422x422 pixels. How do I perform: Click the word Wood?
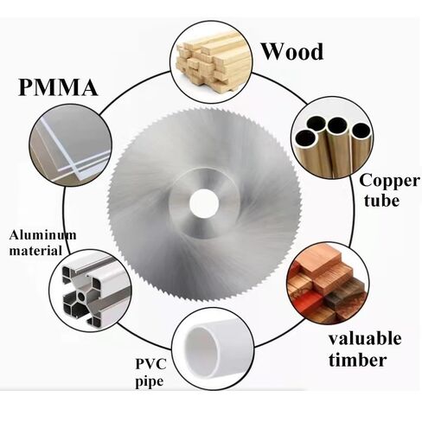click(x=292, y=52)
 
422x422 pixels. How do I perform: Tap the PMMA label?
click(x=58, y=87)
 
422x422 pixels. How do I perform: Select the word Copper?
click(x=389, y=182)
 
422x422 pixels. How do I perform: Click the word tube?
click(x=381, y=201)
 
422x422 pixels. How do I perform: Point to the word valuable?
click(x=365, y=338)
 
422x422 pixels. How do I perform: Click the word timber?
click(x=357, y=360)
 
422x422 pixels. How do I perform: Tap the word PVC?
click(x=151, y=364)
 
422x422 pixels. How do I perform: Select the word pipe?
click(x=150, y=382)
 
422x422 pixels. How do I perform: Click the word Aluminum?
click(x=42, y=235)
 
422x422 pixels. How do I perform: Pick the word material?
click(x=35, y=250)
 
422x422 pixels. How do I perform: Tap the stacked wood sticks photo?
click(x=211, y=62)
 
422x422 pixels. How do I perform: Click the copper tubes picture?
click(x=332, y=137)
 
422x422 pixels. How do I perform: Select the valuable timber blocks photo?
click(x=328, y=283)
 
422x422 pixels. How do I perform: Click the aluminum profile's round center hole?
click(x=81, y=297)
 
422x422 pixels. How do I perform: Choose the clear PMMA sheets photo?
click(x=70, y=145)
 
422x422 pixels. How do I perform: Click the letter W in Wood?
click(x=273, y=52)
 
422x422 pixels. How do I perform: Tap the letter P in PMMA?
click(x=26, y=87)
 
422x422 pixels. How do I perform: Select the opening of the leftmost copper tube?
click(x=306, y=137)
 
